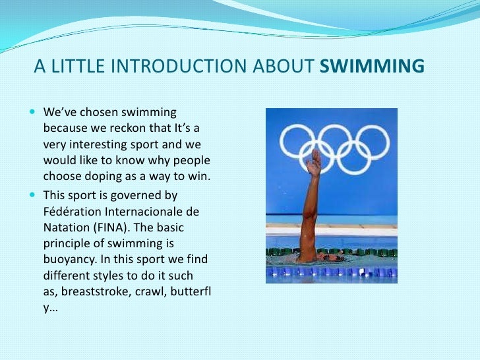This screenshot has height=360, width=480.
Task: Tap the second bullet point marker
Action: (x=34, y=195)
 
